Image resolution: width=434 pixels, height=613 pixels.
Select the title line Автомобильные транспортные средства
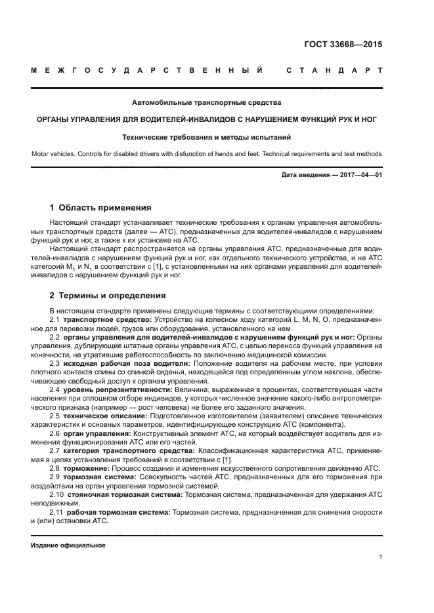click(206, 102)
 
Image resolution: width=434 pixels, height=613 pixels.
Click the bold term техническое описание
click(100, 416)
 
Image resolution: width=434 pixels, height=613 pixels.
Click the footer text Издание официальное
click(68, 545)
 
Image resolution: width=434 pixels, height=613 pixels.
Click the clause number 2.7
click(55, 451)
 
